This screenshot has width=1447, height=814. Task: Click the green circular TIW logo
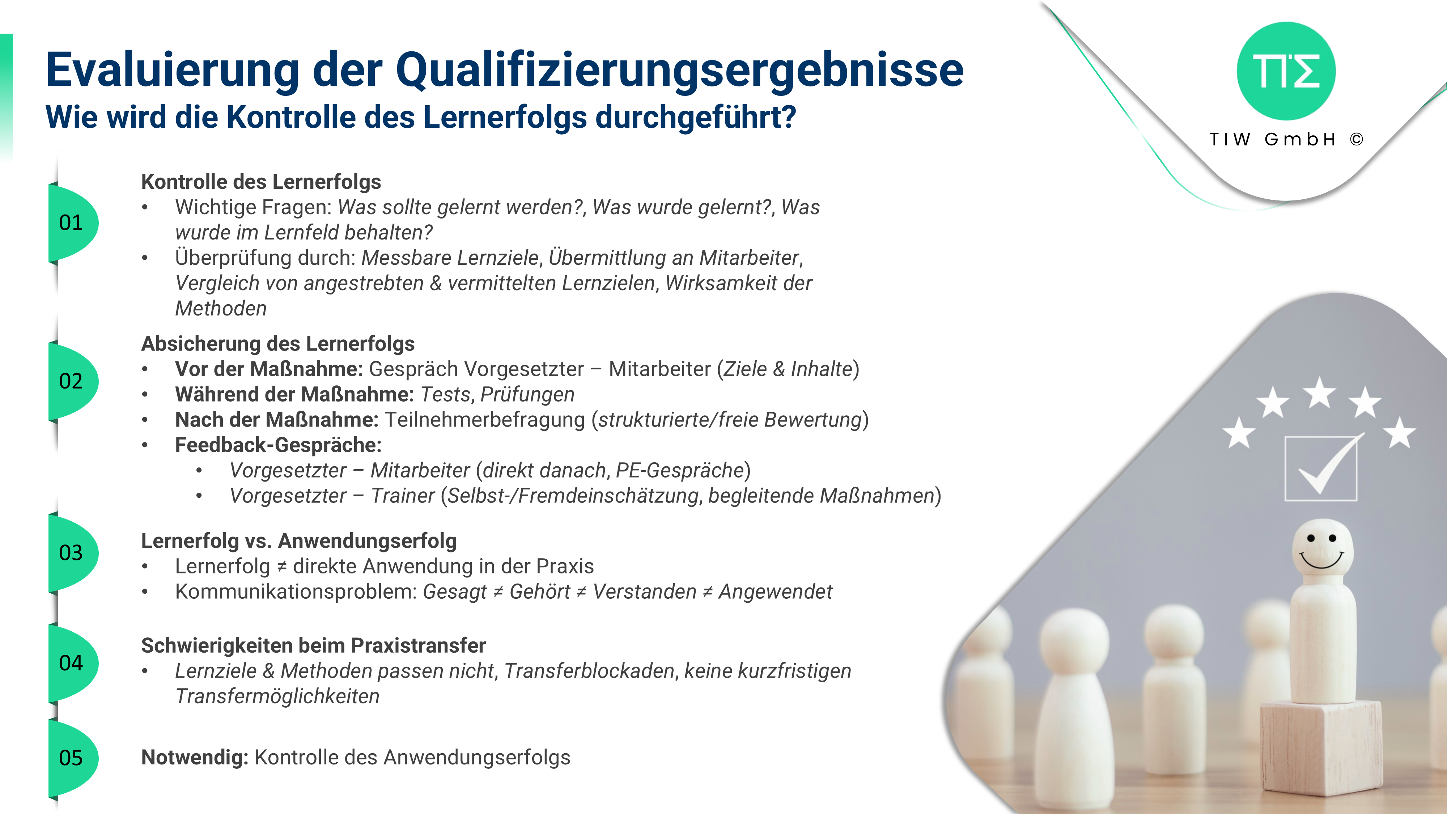click(x=1286, y=71)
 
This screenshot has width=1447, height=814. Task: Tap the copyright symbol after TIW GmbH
click(x=1357, y=139)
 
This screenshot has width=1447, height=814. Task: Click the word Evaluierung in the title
click(x=173, y=71)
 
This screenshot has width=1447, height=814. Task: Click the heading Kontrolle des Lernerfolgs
click(x=261, y=182)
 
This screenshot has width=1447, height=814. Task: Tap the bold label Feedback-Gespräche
click(x=279, y=445)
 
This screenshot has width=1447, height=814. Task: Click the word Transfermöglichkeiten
click(x=277, y=696)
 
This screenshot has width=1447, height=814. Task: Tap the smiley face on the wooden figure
click(x=1321, y=551)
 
